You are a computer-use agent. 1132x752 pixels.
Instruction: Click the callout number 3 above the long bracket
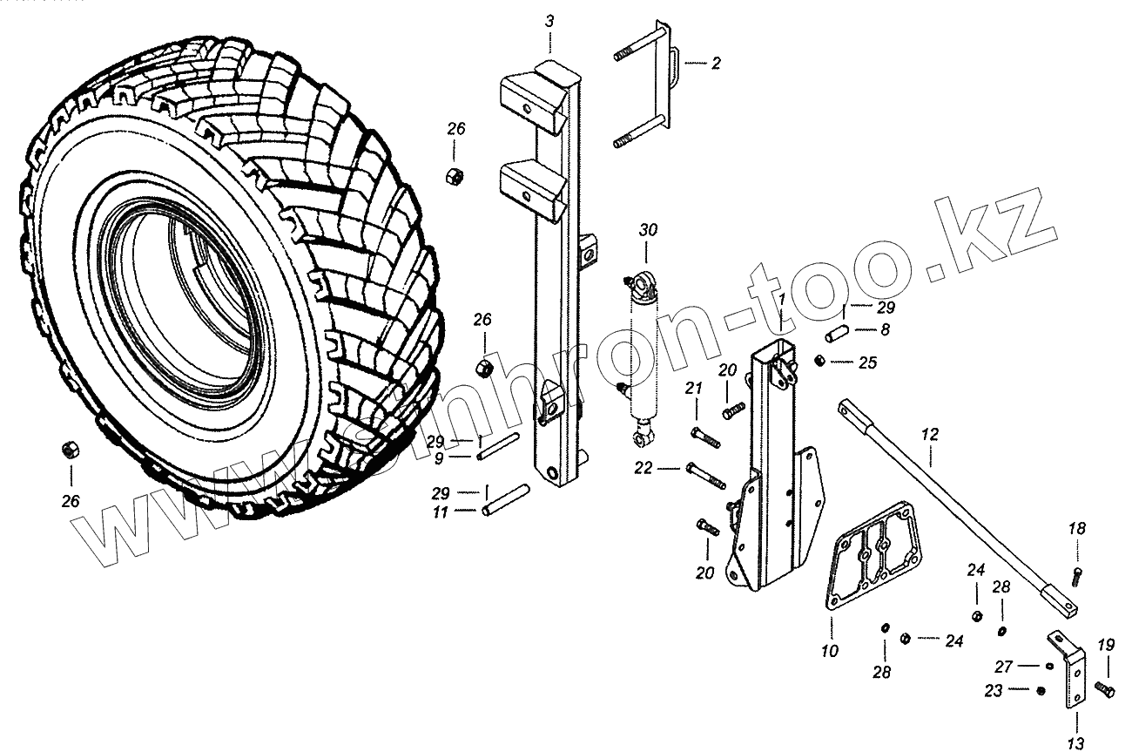(549, 20)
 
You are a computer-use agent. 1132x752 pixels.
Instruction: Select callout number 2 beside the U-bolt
(716, 63)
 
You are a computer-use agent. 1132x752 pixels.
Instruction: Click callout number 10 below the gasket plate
(829, 650)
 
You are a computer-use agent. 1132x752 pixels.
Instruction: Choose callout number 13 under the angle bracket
(1076, 742)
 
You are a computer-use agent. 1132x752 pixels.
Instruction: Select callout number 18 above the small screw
(1077, 529)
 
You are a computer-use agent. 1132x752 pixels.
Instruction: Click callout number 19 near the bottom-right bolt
(1106, 646)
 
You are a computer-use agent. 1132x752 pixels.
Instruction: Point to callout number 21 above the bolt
(693, 388)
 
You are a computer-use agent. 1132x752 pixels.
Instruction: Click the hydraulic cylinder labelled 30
(643, 349)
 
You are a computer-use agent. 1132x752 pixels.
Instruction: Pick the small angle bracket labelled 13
(1069, 671)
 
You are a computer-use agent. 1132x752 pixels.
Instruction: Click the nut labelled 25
(819, 361)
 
